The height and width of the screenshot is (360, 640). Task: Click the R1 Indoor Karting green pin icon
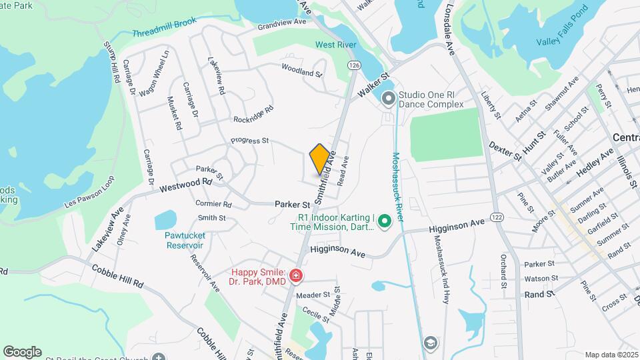(x=383, y=222)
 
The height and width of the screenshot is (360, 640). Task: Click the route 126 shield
(x=353, y=65)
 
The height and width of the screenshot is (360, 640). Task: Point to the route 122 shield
(x=496, y=217)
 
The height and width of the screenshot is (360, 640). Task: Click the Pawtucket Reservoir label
(x=185, y=240)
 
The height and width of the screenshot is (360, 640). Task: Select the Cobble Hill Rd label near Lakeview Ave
(x=119, y=275)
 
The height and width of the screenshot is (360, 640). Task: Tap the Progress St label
(x=249, y=141)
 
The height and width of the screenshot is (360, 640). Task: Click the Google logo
(x=22, y=351)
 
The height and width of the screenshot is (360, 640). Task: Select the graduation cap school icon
(x=431, y=343)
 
